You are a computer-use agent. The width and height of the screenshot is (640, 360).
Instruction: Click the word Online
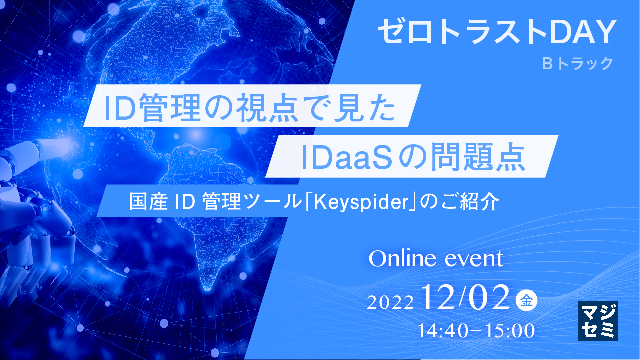[400, 259]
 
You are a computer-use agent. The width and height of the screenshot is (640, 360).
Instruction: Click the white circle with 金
[526, 300]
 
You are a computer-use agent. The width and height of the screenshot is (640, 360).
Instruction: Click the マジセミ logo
[598, 321]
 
